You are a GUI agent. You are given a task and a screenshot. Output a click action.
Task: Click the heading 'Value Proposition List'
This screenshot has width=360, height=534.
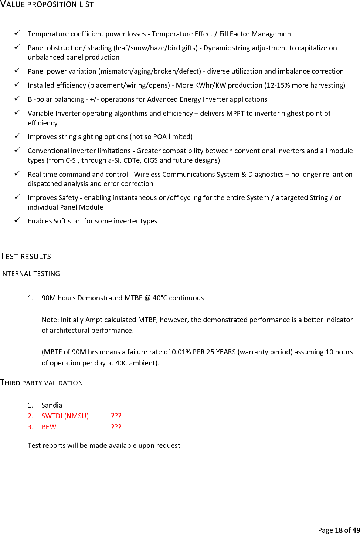pyautogui.click(x=47, y=4)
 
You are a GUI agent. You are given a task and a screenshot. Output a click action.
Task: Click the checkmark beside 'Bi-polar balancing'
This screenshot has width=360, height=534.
pyautogui.click(x=17, y=98)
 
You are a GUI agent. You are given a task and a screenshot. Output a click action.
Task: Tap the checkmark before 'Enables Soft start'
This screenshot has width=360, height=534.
pyautogui.click(x=17, y=220)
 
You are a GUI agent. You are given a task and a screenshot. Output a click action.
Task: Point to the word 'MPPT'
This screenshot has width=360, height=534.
pyautogui.click(x=235, y=114)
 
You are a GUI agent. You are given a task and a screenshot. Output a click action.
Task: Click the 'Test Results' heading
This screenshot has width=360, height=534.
pyautogui.click(x=26, y=257)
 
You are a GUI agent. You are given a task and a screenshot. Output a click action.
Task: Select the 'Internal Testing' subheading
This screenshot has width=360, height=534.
pyautogui.click(x=30, y=274)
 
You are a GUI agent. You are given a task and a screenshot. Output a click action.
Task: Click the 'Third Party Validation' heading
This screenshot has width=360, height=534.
pyautogui.click(x=41, y=383)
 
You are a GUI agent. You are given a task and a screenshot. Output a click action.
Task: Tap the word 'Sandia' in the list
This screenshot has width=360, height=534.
pyautogui.click(x=52, y=405)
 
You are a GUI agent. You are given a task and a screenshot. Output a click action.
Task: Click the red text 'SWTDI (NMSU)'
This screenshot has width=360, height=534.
pyautogui.click(x=65, y=416)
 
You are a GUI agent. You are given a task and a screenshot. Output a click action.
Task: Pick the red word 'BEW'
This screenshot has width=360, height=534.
pyautogui.click(x=49, y=427)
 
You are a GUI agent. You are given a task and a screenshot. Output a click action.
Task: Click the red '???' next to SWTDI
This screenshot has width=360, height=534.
pyautogui.click(x=116, y=416)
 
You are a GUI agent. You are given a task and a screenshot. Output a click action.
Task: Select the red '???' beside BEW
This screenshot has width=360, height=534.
pyautogui.click(x=116, y=427)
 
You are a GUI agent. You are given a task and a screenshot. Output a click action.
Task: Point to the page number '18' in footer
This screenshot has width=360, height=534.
pyautogui.click(x=339, y=530)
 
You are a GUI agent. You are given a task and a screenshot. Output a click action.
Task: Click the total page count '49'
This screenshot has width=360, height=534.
pyautogui.click(x=356, y=530)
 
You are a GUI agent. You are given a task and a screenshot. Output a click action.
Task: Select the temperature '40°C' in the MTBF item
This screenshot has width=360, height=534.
pyautogui.click(x=160, y=298)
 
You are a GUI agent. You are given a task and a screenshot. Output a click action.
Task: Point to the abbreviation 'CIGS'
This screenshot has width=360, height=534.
pyautogui.click(x=150, y=160)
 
